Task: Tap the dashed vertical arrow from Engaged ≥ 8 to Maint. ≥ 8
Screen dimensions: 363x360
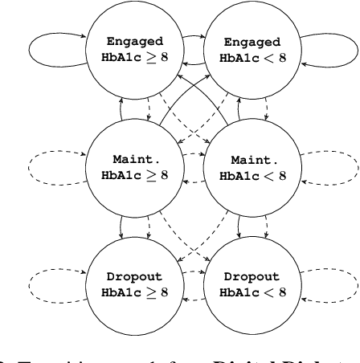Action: pyautogui.click(x=133, y=108)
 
